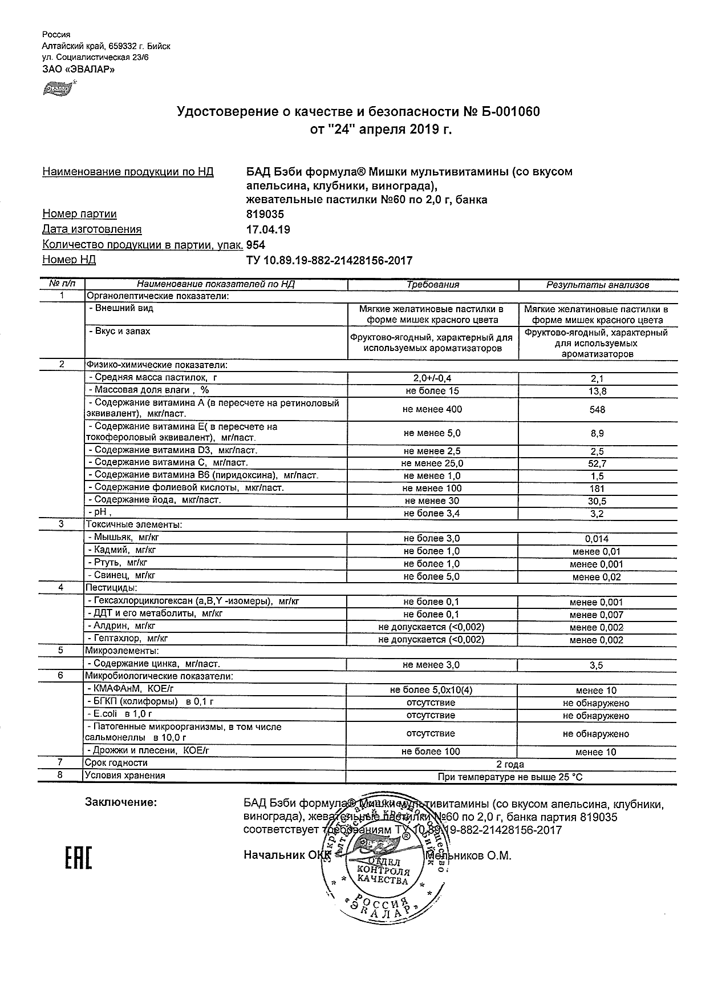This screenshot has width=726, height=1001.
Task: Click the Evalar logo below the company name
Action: coord(58,88)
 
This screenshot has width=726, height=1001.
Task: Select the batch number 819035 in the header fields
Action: coord(265,215)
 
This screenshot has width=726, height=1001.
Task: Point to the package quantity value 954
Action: coord(255,245)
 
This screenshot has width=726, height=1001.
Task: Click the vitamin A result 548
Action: coord(598,410)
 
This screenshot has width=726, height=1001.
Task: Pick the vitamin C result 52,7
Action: coord(598,463)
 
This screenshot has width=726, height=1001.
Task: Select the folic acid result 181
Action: coord(598,489)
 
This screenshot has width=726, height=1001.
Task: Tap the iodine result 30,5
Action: coord(598,501)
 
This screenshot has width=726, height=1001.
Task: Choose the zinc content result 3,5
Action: coord(597,665)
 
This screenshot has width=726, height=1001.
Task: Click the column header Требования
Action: coord(433,284)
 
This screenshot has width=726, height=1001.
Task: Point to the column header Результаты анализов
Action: coord(598,285)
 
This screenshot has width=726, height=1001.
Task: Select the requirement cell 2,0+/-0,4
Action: coord(433,378)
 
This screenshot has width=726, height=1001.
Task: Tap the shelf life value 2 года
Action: coord(510,764)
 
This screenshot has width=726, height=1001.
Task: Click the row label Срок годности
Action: coord(116,763)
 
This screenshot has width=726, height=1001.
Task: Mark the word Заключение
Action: coord(121,802)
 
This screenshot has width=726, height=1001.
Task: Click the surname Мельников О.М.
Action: coord(469,855)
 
